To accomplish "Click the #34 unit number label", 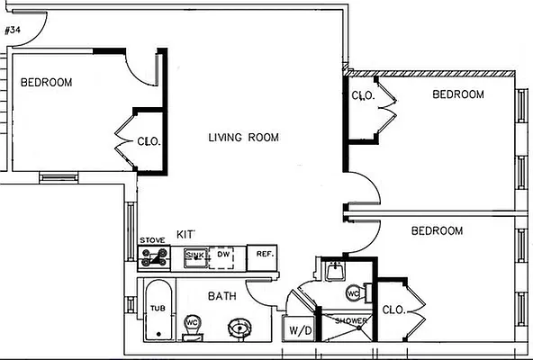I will click(x=13, y=30).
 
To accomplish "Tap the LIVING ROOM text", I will click(x=243, y=138).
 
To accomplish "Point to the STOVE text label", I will click(x=151, y=240).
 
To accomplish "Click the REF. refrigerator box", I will click(x=264, y=256).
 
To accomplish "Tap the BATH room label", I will click(x=222, y=295).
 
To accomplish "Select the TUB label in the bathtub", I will click(x=158, y=308).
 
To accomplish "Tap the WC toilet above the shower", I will click(x=354, y=292).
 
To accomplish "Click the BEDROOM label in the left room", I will click(x=46, y=82).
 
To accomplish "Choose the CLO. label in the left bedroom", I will click(x=149, y=141).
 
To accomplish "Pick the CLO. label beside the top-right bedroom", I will click(x=363, y=95).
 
